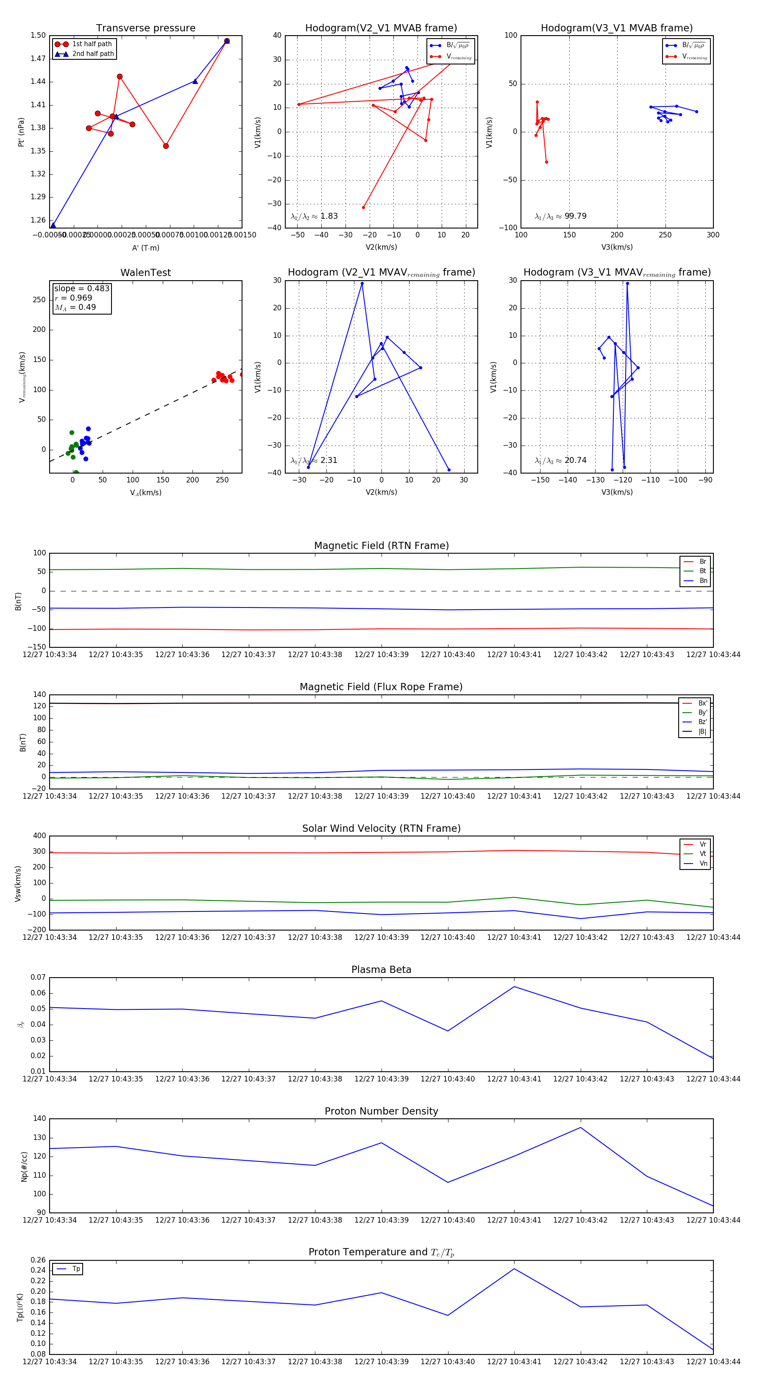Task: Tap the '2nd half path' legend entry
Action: (93, 54)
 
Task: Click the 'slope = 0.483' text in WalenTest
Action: (81, 288)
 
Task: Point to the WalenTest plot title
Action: (145, 273)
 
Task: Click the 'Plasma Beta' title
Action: (381, 970)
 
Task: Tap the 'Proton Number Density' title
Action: (381, 1111)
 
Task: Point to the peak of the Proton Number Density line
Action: (581, 1127)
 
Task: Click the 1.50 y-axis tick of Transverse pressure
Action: (38, 35)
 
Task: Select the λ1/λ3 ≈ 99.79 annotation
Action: (560, 216)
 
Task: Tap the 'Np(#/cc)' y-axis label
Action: (24, 1166)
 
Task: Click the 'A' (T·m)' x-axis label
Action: (145, 248)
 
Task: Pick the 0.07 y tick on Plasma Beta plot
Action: (38, 978)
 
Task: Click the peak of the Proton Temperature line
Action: (514, 1269)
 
